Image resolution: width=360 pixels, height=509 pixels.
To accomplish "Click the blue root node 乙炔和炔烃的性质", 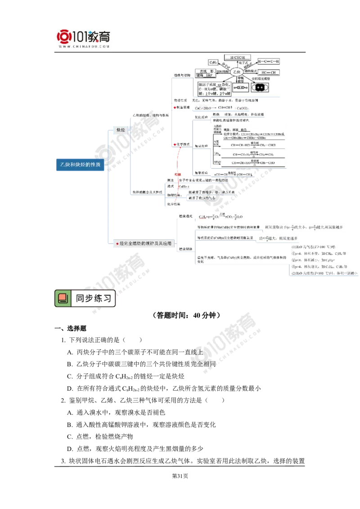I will [80, 165].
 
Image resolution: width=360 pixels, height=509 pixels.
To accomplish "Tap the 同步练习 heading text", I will [93, 298].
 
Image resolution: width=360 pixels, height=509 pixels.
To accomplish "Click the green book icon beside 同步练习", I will [63, 299].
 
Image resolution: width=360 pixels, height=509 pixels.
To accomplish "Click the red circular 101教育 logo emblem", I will [65, 37].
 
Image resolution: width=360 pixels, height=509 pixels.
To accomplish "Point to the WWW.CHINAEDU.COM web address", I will [84, 46].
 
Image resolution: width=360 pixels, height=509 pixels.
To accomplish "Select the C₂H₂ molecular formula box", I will [214, 62].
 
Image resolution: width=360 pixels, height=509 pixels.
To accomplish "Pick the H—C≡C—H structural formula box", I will [269, 61].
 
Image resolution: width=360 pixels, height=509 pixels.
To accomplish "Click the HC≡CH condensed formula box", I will [269, 72].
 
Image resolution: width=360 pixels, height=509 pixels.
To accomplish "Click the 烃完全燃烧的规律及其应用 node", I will [143, 243].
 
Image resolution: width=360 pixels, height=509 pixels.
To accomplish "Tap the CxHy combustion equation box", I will [220, 217].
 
